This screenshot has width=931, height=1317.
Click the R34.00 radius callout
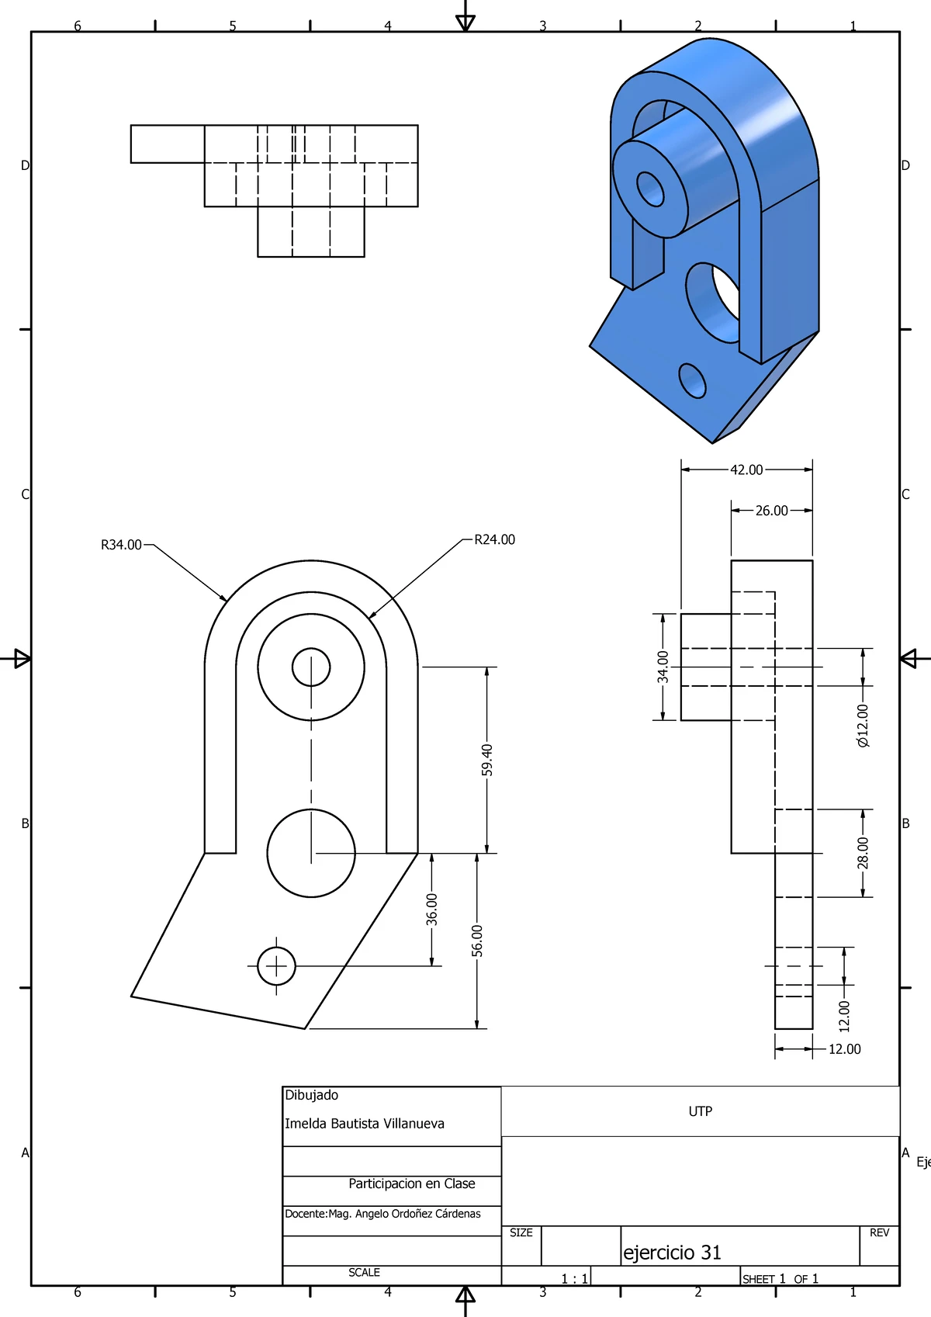point(121,545)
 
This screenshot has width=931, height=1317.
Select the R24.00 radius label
point(494,539)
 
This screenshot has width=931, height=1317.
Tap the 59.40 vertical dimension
point(487,760)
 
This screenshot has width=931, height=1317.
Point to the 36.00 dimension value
point(432,909)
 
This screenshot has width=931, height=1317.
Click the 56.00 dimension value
point(477,941)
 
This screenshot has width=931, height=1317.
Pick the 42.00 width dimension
point(746,470)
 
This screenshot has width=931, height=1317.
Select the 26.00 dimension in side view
point(771,511)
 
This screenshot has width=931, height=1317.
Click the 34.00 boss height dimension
point(663,667)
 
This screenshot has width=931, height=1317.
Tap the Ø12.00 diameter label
point(863,726)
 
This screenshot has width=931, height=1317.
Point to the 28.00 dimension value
point(863,853)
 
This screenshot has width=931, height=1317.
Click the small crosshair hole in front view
point(276,966)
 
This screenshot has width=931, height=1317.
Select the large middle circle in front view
point(311,853)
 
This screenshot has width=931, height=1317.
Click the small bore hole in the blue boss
point(650,189)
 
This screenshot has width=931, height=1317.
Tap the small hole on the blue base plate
point(692,380)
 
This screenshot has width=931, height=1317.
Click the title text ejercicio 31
point(672,1252)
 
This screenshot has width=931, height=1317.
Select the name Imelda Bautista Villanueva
point(365,1123)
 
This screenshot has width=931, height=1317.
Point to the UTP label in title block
point(700,1111)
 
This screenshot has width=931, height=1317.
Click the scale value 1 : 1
point(574,1279)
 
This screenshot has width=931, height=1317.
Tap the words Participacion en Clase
point(411,1184)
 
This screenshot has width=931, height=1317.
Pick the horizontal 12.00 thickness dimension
point(844,1049)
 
